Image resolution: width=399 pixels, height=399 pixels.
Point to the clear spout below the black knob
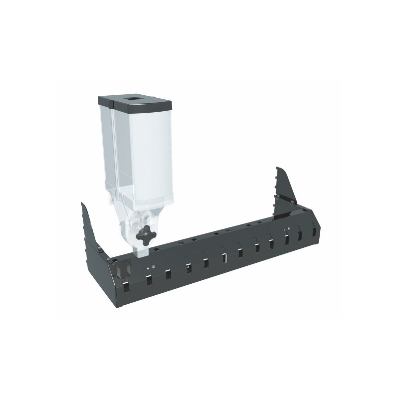(x=141, y=250)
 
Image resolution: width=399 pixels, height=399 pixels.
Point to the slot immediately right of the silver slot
(x=240, y=253)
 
